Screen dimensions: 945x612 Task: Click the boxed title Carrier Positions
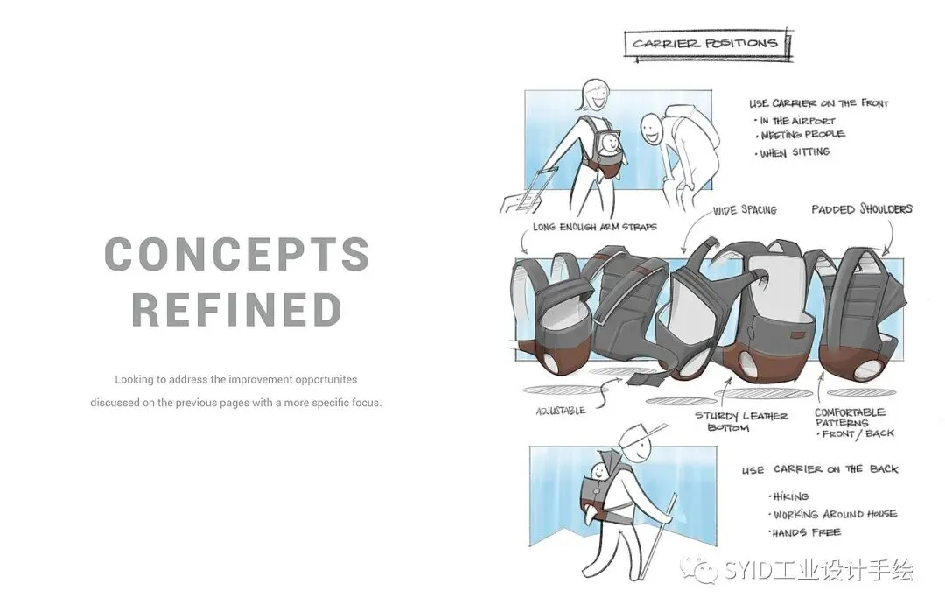pos(706,44)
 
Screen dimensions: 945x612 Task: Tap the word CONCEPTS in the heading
pos(237,254)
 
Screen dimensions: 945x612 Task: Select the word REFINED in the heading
pos(237,310)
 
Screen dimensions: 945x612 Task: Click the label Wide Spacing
pos(745,210)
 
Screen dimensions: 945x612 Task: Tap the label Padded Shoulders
pos(861,208)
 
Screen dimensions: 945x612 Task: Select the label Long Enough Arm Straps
pos(594,228)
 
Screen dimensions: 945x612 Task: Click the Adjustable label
pos(561,411)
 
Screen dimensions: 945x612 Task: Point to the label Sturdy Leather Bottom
pos(741,421)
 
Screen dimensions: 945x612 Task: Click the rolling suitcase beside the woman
pos(521,193)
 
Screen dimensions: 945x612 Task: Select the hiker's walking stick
pos(657,537)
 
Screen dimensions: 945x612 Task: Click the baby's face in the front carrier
pos(611,143)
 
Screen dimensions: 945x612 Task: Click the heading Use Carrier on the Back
pos(820,469)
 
